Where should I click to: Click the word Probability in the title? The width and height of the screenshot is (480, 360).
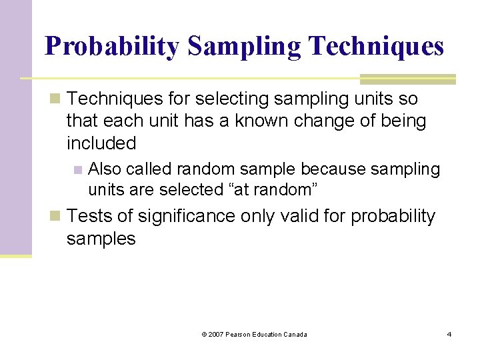click(x=111, y=46)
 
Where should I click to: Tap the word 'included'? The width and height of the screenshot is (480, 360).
click(x=101, y=143)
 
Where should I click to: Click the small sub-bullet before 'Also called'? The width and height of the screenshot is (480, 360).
click(x=78, y=169)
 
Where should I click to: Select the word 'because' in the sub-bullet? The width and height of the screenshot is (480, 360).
click(x=325, y=169)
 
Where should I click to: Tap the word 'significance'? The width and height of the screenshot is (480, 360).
click(x=179, y=217)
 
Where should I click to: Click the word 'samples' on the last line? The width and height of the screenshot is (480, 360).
click(x=101, y=239)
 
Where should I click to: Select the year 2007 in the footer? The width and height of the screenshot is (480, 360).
click(x=217, y=334)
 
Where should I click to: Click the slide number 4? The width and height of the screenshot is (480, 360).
click(x=449, y=334)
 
